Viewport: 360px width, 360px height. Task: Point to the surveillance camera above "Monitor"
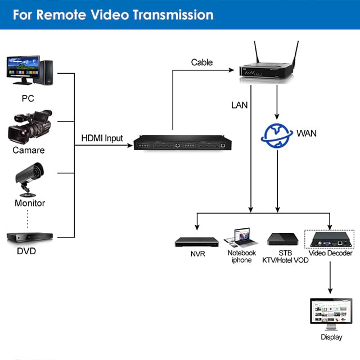click(x=29, y=175)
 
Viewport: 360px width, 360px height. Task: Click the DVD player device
click(x=29, y=237)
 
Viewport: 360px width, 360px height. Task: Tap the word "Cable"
click(x=202, y=62)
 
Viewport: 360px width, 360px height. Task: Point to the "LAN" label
click(x=239, y=105)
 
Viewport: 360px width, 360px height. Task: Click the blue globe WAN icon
click(x=276, y=134)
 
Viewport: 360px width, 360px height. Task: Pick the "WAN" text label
click(x=307, y=133)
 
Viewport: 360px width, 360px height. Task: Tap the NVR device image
click(x=196, y=241)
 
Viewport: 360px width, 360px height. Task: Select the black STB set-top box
click(x=281, y=238)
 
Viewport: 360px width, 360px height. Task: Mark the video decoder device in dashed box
click(x=329, y=239)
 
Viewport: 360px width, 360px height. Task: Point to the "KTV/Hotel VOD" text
click(x=285, y=260)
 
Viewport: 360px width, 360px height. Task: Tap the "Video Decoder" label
click(x=331, y=253)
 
